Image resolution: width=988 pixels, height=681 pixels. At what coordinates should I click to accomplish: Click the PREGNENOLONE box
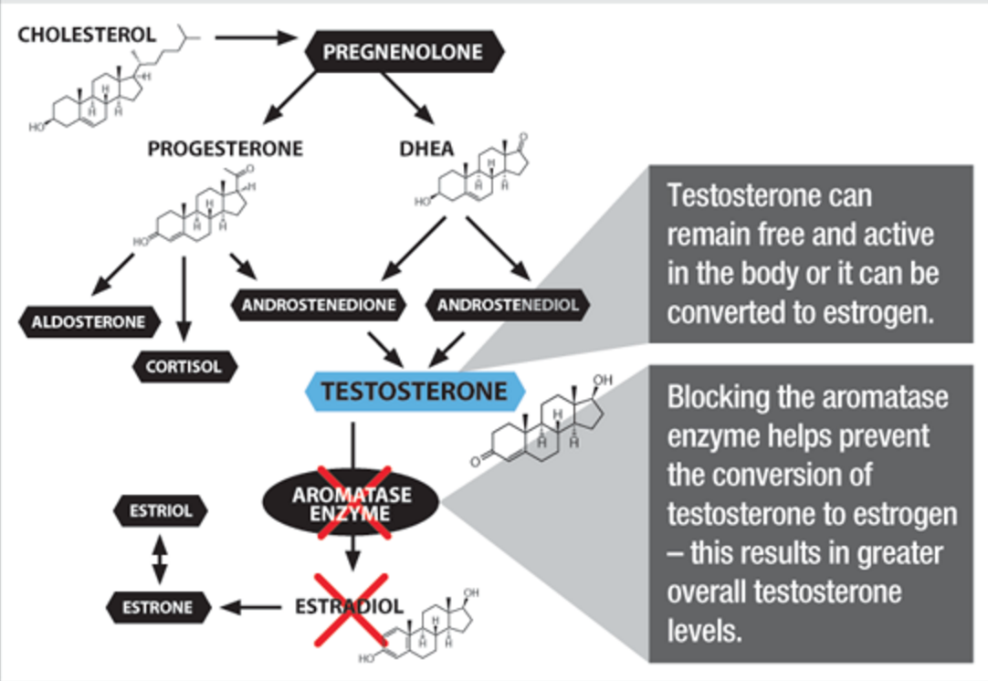pos(402,52)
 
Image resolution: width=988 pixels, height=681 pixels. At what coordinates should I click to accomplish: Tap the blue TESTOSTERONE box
pos(414,392)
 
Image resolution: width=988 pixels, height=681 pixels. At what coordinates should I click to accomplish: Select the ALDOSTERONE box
pos(89,321)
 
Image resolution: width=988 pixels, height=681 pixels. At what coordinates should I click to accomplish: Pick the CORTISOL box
pos(184,367)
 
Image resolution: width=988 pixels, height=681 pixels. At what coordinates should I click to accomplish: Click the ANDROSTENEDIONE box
pos(319,305)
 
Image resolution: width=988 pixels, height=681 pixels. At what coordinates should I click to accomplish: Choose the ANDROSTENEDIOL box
pos(508,305)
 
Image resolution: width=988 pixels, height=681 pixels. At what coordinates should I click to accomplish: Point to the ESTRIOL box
pos(160,511)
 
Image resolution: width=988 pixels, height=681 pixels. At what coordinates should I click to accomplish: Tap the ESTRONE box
pos(159,605)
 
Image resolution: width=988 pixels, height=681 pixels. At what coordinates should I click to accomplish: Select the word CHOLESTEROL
pos(88,35)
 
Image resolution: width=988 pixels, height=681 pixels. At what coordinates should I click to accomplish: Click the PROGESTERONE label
pos(225,149)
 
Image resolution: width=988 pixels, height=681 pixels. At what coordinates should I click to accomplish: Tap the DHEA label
pos(426,149)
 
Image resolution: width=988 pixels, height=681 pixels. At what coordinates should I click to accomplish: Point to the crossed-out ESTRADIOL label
pos(349,606)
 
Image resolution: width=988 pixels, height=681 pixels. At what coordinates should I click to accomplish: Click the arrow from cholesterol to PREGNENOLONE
pos(257,37)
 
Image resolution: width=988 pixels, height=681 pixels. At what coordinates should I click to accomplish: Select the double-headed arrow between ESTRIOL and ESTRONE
pos(160,559)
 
